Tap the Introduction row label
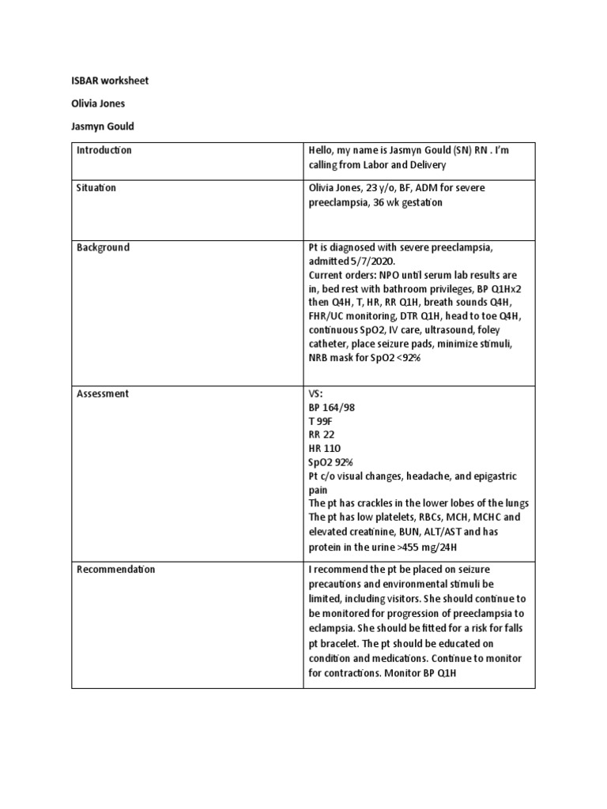point(104,150)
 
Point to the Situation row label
point(96,188)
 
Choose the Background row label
point(103,247)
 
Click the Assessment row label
point(103,393)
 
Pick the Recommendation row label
point(116,569)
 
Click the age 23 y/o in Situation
point(380,188)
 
